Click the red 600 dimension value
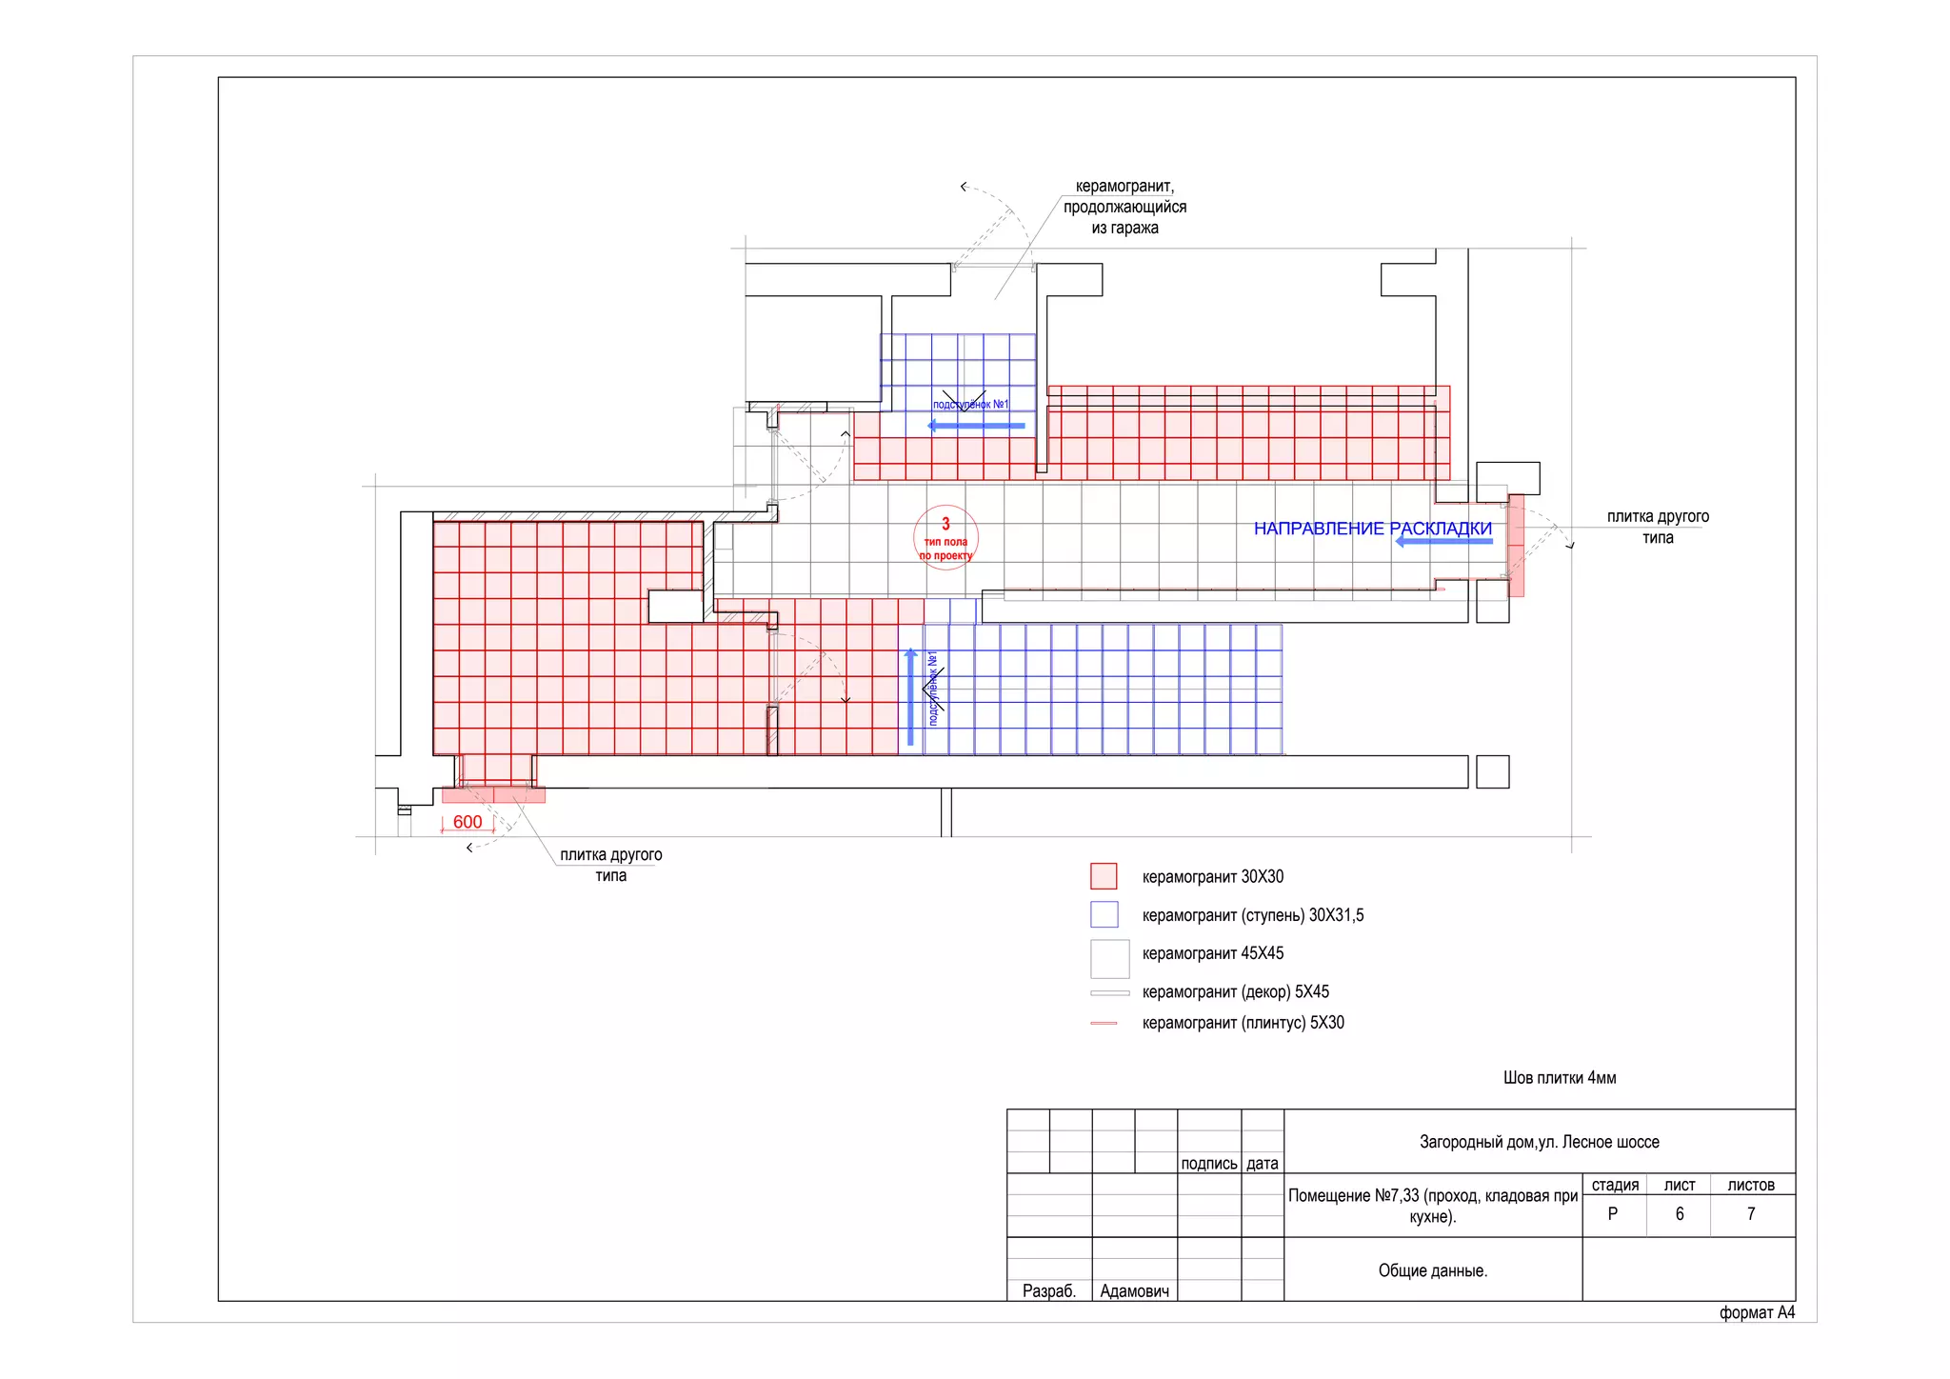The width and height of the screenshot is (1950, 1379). tap(468, 822)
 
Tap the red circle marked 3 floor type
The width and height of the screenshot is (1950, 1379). tap(945, 538)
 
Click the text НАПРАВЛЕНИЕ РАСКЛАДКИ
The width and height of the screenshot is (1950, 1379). tap(1372, 529)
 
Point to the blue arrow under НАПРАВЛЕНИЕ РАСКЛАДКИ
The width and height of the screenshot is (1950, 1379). tap(1443, 541)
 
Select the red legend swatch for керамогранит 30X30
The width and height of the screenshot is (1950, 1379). tap(1104, 876)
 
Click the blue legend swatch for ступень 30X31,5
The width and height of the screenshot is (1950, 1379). tap(1104, 914)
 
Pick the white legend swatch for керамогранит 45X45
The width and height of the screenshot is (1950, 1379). tap(1109, 958)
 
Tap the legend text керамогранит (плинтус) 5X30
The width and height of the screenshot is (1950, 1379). tap(1243, 1023)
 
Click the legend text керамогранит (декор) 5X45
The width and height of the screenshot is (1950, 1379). tap(1235, 991)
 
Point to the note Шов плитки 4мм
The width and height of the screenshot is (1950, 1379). tap(1560, 1078)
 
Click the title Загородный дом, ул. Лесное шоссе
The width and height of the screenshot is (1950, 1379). tap(1539, 1142)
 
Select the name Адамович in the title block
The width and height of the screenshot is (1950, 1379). tap(1134, 1291)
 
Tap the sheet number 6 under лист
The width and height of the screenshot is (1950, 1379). tap(1680, 1214)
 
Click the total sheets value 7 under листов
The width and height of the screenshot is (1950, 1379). tap(1751, 1214)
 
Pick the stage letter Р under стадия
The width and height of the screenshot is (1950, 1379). tap(1613, 1214)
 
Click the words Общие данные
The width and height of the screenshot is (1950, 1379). tap(1432, 1270)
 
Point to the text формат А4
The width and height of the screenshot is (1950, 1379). tap(1757, 1312)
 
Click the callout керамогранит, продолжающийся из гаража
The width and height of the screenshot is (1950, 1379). tap(1124, 207)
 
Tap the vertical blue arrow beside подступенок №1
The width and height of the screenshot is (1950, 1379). tap(910, 698)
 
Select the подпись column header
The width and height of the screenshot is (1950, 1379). tap(1208, 1164)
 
